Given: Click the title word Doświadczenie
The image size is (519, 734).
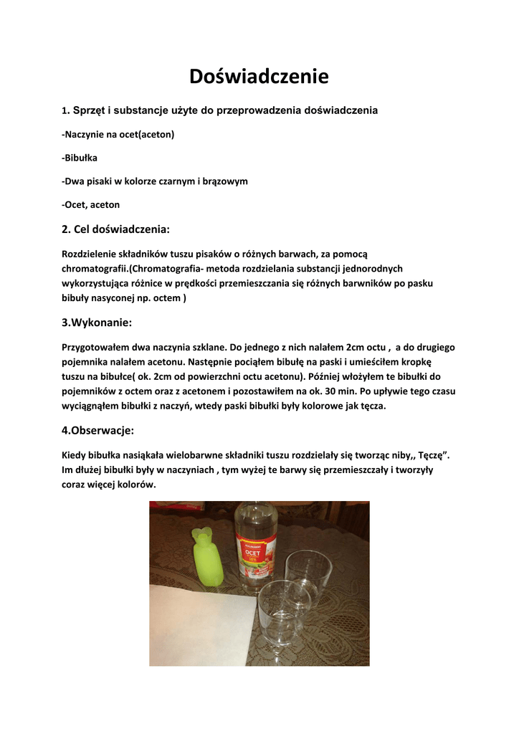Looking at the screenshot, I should point(259,76).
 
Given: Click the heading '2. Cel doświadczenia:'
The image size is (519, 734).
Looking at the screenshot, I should point(116,229).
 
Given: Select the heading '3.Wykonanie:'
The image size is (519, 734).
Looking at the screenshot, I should point(97,323).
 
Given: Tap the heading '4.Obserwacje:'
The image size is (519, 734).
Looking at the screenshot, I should point(98,431).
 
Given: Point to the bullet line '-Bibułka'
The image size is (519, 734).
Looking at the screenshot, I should point(80,158).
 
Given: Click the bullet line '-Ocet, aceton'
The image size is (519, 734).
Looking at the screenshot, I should point(91,205).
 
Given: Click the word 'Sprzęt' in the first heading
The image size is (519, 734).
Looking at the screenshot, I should point(88,110).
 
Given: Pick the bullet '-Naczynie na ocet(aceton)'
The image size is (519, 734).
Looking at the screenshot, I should point(118,134).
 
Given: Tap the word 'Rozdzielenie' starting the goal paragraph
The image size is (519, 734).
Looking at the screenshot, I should point(91,254).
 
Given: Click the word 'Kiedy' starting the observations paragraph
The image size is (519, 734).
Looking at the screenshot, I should point(75,456).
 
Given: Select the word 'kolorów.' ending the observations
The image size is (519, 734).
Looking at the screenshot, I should point(135,485).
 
